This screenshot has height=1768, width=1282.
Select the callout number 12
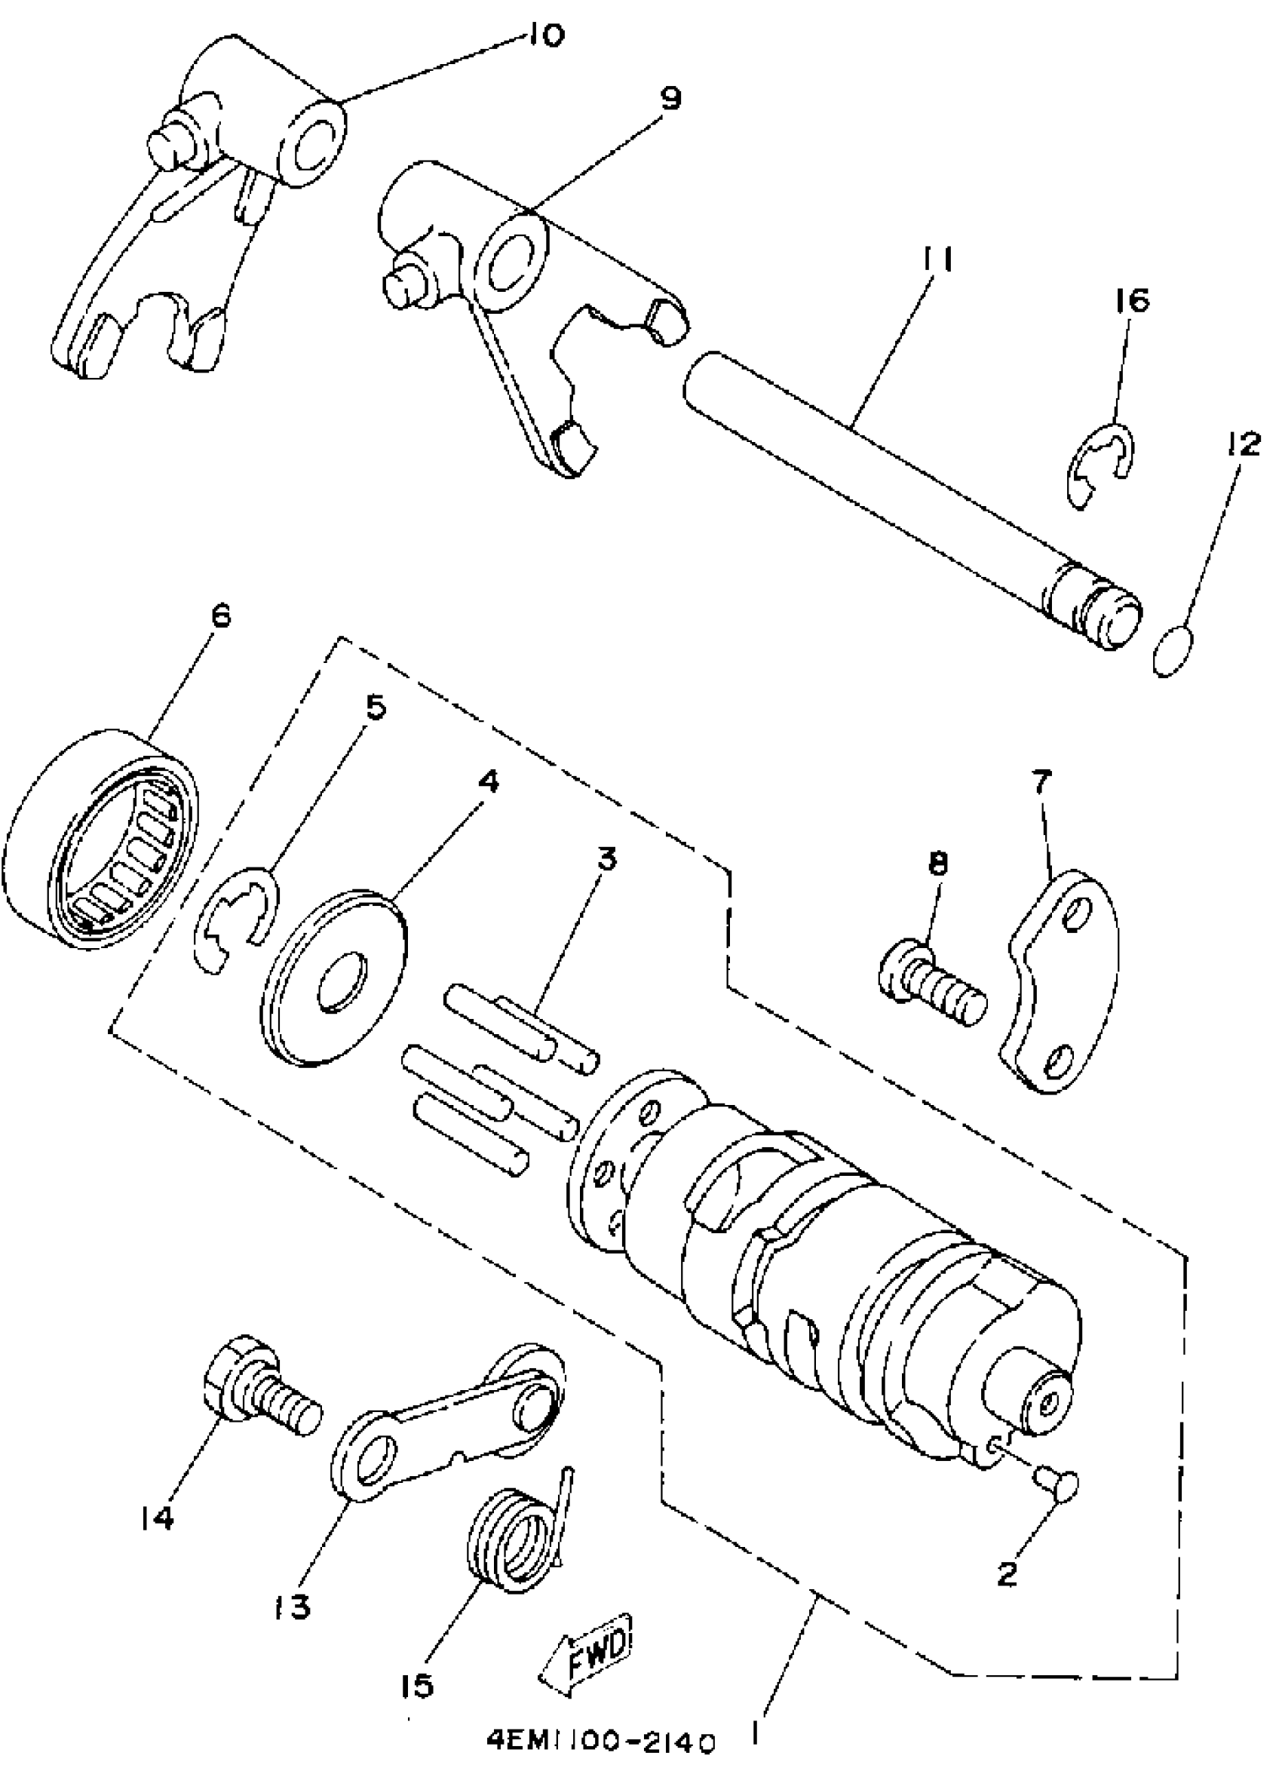(1242, 444)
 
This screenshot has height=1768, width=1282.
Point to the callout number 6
(219, 617)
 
